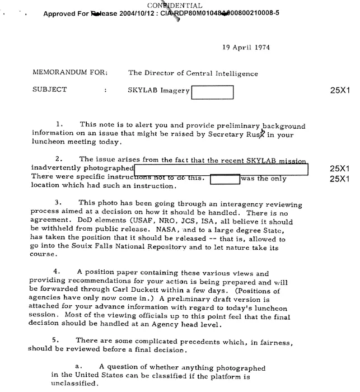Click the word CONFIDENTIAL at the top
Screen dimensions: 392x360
[x=180, y=5]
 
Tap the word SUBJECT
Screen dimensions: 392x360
[x=50, y=90]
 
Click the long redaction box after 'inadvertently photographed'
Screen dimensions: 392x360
[x=221, y=168]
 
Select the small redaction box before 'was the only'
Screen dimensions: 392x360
[x=225, y=179]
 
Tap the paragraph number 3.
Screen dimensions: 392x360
[x=58, y=202]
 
